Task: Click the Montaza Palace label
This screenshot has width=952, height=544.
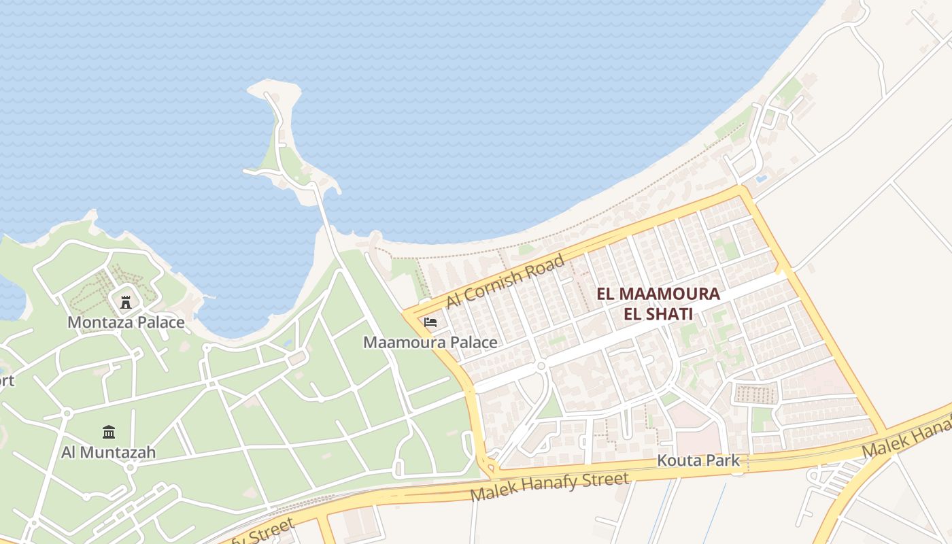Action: [126, 322]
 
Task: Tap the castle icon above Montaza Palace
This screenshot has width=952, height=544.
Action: [126, 302]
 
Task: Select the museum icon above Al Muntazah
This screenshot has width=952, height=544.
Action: [109, 432]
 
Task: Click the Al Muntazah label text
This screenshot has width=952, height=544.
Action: [109, 452]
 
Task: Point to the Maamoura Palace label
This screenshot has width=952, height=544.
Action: [430, 342]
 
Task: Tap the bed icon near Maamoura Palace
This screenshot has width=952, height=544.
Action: [430, 322]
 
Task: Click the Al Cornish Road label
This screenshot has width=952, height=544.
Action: [505, 281]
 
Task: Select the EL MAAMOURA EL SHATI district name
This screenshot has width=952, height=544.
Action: [658, 304]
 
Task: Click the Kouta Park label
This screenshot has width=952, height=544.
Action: [698, 460]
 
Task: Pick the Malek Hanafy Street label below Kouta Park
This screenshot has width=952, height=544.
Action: [549, 487]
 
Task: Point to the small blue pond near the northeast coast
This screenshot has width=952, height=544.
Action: [762, 179]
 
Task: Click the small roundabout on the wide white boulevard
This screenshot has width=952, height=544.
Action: [541, 366]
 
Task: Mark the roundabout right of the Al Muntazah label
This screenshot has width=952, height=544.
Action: [130, 468]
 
